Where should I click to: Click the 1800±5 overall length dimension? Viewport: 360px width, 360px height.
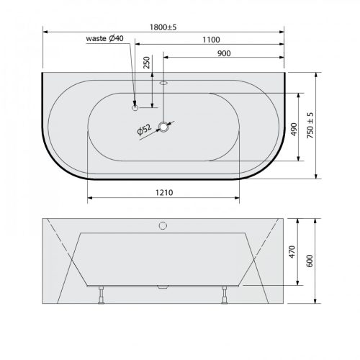point(163,27)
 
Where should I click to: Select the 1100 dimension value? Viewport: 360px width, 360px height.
point(211,40)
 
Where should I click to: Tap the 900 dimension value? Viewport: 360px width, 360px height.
point(224,53)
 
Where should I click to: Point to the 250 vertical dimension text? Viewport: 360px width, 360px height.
point(146,63)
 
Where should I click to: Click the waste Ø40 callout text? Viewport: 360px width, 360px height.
point(105,38)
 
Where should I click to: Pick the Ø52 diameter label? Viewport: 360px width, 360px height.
point(144,130)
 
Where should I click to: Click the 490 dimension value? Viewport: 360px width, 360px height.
point(294,130)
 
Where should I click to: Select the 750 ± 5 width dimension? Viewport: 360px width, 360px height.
point(310,125)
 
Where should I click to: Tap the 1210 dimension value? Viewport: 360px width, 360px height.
point(164,192)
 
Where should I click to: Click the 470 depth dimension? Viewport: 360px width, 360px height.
point(292,252)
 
